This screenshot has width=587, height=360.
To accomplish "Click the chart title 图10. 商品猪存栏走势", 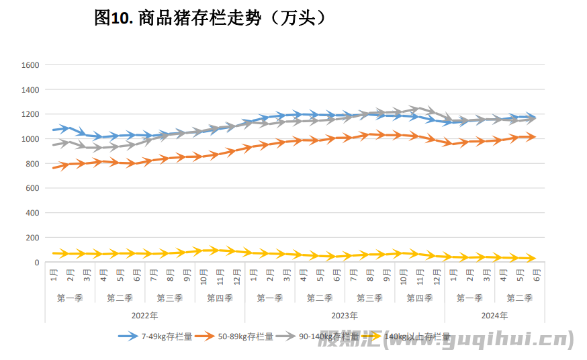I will tap(210, 18).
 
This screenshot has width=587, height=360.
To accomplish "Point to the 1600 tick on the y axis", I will tap(31, 65).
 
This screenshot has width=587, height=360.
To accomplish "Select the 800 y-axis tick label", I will tap(33, 164).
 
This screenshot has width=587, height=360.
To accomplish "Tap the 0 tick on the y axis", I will tap(38, 263).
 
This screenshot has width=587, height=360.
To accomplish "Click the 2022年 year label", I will tap(145, 314).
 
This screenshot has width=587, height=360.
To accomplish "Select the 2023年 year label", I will tap(345, 314).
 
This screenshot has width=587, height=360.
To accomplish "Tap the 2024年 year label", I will tap(494, 314).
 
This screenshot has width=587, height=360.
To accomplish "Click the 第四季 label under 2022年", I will tap(220, 298).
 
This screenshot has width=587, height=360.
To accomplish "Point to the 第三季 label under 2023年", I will tap(369, 298).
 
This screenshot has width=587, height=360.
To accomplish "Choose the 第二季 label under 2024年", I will tap(519, 298).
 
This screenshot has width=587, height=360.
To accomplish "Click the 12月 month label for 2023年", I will tap(437, 275).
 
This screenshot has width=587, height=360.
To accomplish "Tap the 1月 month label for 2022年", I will tap(54, 275).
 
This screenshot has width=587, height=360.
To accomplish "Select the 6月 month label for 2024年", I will tap(536, 275).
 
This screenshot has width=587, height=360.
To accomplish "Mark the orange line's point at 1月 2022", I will tap(54, 167).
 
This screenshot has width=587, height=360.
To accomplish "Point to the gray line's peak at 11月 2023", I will tap(419, 108).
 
